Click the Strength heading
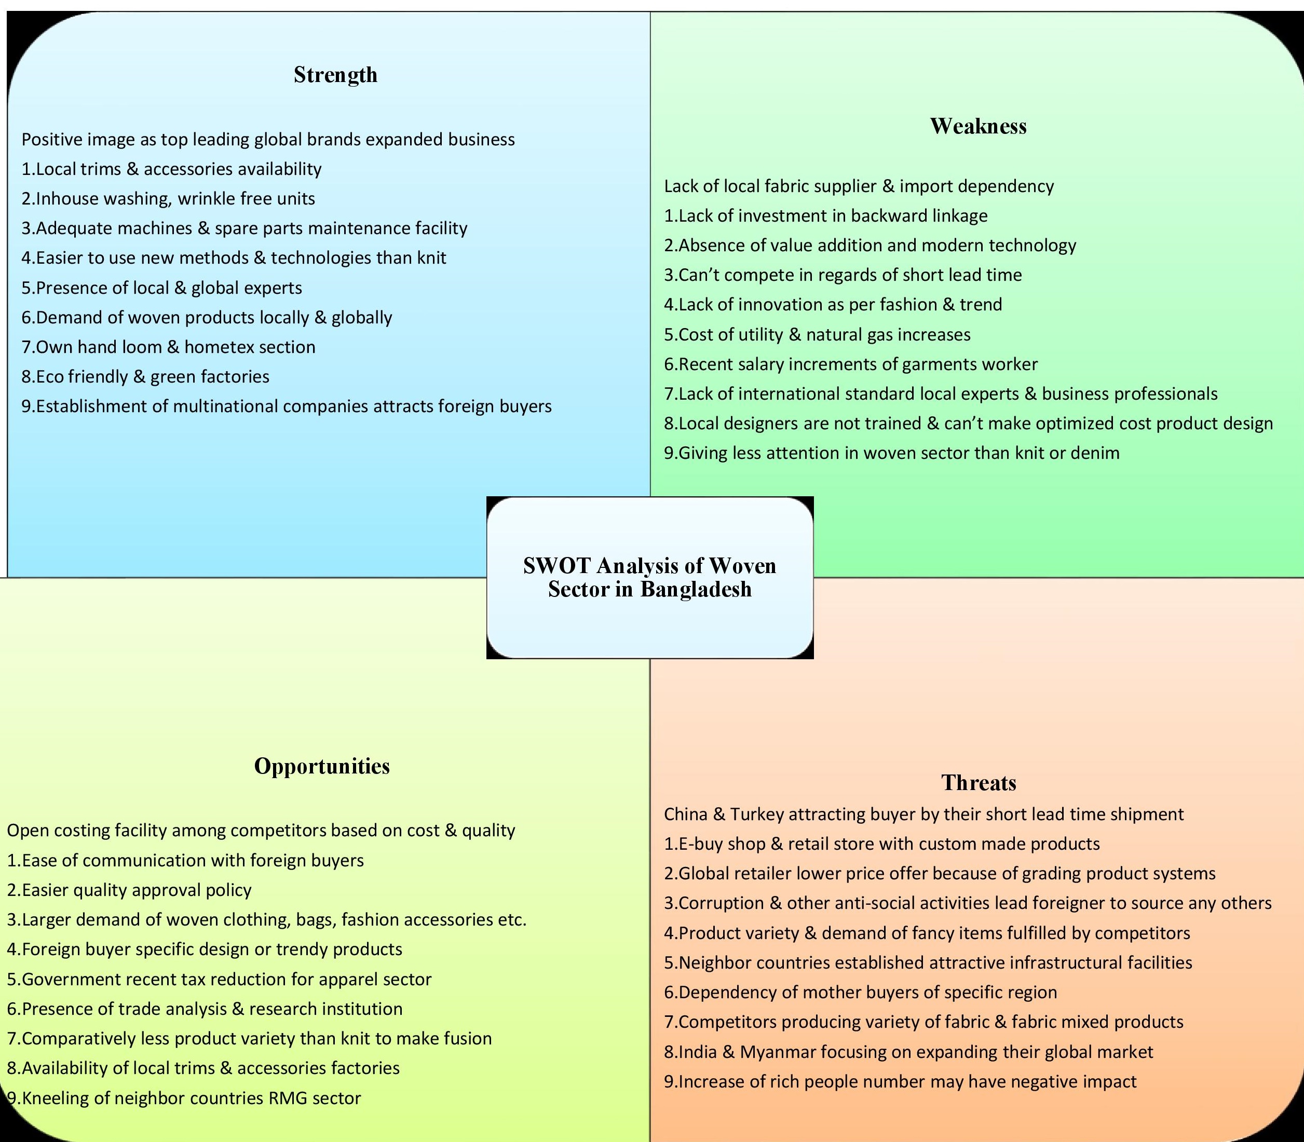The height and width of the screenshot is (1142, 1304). (335, 75)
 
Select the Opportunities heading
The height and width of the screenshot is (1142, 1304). (322, 766)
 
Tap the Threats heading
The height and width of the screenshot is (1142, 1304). (979, 783)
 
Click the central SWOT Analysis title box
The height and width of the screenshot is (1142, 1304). (649, 577)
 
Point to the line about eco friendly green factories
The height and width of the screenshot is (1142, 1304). (145, 377)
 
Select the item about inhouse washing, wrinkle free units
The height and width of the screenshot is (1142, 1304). (168, 199)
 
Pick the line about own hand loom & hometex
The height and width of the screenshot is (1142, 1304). (168, 347)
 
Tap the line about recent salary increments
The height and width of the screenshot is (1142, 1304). (851, 364)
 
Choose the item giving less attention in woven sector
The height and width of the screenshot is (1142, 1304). (892, 453)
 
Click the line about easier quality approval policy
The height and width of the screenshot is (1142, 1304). (129, 890)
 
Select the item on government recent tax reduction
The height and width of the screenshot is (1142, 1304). (219, 979)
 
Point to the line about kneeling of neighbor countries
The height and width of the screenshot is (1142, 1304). (184, 1098)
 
